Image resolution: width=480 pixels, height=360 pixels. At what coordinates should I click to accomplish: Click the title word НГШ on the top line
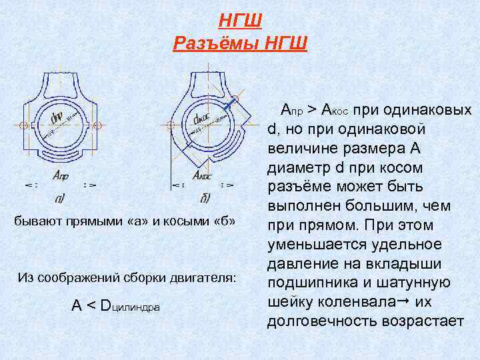(x=240, y=21)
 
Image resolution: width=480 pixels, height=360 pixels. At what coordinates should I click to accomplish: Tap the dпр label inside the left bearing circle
(x=57, y=118)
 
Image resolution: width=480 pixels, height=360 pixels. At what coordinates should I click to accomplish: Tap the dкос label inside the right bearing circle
(x=199, y=119)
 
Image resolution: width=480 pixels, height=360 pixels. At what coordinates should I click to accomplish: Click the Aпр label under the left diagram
(x=61, y=176)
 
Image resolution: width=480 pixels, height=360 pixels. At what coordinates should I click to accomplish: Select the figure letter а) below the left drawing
(x=60, y=198)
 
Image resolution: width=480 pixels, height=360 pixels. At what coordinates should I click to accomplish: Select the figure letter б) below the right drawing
(x=205, y=198)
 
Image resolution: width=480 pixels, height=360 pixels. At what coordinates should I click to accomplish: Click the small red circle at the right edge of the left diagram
(x=98, y=125)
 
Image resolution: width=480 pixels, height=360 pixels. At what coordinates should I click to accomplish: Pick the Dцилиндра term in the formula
(x=129, y=306)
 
